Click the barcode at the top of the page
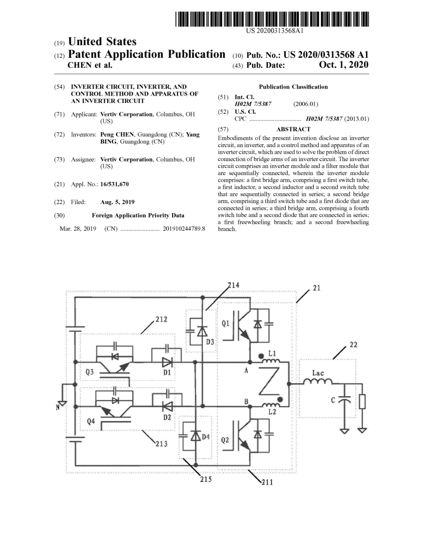coord(273,19)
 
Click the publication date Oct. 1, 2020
coord(343,65)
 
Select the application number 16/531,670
coord(114,184)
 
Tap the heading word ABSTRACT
coord(293,129)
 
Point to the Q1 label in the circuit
coord(225,323)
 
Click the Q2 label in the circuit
coord(226,440)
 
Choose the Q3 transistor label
coord(90,373)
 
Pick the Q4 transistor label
coord(91,421)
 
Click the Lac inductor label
coord(318,373)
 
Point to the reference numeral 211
coord(267,482)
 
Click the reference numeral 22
coord(353,345)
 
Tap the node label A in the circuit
coord(246,371)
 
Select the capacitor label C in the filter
coord(333,400)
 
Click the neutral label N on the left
coord(58,407)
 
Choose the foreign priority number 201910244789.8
coord(183,229)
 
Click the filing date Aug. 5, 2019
coord(117,202)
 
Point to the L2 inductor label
coord(272,412)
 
